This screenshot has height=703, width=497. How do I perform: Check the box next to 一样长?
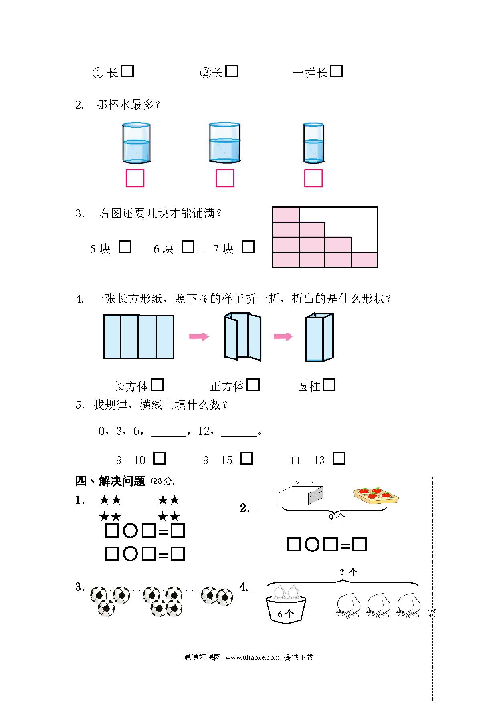point(336,71)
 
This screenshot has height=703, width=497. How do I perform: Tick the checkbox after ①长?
point(127,71)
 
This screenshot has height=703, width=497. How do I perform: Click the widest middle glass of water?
point(225,143)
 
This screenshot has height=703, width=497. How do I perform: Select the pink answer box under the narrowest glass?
point(313,178)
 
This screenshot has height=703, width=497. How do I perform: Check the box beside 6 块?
point(188,246)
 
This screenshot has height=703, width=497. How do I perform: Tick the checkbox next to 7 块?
point(248,246)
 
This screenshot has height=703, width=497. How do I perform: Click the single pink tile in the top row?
point(286,214)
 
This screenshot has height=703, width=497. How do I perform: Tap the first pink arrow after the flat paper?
point(199,337)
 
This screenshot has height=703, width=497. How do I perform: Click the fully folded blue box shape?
point(319,337)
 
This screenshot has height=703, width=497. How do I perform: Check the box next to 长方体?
point(157,384)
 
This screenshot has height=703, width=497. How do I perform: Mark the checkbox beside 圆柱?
point(329,384)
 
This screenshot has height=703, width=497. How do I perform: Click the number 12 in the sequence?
point(204,431)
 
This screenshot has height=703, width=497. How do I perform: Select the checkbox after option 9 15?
point(246,458)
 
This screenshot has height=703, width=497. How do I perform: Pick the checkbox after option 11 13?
point(339,458)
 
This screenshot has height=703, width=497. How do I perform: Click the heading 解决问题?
point(122,481)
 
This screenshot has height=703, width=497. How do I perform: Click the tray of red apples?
point(376,496)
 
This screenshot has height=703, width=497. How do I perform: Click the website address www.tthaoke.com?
point(252,657)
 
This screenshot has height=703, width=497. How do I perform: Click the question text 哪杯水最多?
point(125,105)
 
